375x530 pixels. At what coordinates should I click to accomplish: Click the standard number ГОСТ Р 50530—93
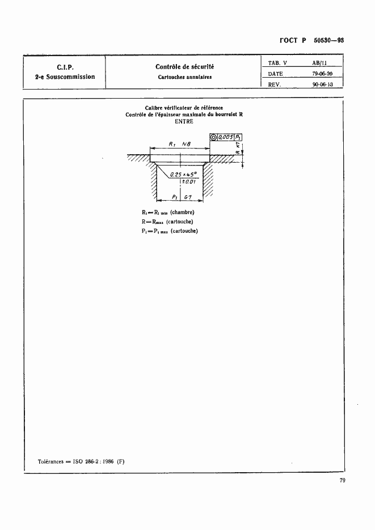[x=312, y=41]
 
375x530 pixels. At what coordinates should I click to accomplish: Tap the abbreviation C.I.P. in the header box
[x=64, y=66]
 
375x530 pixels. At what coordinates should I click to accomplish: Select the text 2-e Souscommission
[x=64, y=77]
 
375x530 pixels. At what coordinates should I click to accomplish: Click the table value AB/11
[x=320, y=63]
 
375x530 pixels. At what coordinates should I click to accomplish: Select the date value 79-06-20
[x=322, y=74]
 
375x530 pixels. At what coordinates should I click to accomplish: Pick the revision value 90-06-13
[x=322, y=84]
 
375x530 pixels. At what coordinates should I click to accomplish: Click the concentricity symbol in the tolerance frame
[x=213, y=137]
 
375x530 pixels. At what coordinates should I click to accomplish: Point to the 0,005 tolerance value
[x=226, y=137]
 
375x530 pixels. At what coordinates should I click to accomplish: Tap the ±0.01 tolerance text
[x=189, y=182]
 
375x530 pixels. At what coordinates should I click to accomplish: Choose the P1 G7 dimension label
[x=180, y=197]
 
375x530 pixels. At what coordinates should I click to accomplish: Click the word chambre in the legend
[x=184, y=213]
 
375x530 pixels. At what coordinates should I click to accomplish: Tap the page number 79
[x=342, y=481]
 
